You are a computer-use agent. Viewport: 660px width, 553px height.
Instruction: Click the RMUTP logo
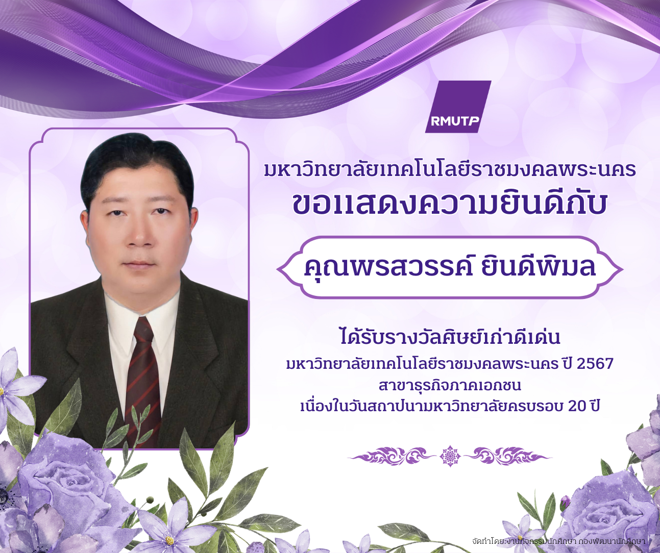click(x=458, y=107)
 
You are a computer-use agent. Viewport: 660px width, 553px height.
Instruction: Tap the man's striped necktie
click(x=143, y=376)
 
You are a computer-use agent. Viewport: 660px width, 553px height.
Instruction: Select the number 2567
click(x=595, y=364)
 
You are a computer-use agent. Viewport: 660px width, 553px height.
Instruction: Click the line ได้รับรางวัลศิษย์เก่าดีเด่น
click(x=450, y=338)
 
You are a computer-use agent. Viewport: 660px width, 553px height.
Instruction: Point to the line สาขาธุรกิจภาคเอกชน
click(x=450, y=386)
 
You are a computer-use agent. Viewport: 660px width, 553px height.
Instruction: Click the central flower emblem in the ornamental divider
click(x=450, y=456)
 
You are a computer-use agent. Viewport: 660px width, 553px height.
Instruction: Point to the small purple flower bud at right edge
click(x=565, y=501)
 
